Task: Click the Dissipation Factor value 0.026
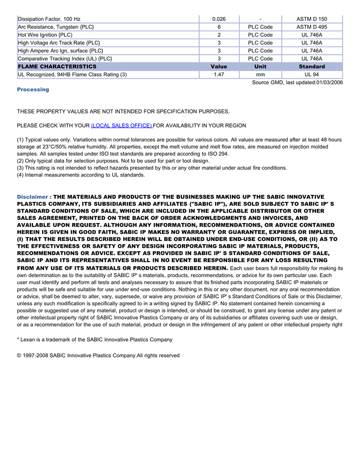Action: pos(219,19)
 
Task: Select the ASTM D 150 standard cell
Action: pos(311,19)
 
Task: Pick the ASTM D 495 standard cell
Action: pos(311,27)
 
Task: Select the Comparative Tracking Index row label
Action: pos(65,59)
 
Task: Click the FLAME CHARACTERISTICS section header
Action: pos(57,67)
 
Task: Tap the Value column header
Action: pos(219,67)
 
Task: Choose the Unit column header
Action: pos(260,67)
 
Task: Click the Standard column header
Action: pos(311,67)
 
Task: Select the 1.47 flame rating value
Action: pos(219,75)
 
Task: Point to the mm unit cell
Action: pos(260,75)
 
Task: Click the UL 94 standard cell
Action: pos(311,75)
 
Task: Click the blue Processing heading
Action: pos(33,89)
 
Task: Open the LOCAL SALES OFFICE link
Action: pos(121,125)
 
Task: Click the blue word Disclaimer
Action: pos(32,197)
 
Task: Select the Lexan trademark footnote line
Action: pos(95,339)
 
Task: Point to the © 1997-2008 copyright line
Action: pos(98,355)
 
